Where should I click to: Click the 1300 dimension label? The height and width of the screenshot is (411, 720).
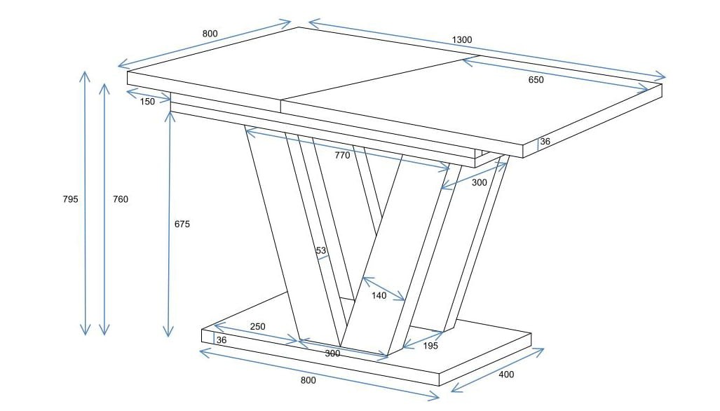pyautogui.click(x=461, y=40)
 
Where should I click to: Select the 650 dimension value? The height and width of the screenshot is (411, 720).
pyautogui.click(x=536, y=80)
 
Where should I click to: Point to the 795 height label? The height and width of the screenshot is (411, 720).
pyautogui.click(x=70, y=199)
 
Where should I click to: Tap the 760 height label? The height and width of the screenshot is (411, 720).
pyautogui.click(x=121, y=199)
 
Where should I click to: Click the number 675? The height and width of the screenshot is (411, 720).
pyautogui.click(x=182, y=224)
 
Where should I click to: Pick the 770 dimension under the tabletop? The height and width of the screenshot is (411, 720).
pyautogui.click(x=342, y=155)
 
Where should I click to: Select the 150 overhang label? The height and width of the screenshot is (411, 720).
pyautogui.click(x=147, y=102)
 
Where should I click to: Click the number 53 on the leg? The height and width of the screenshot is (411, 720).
pyautogui.click(x=320, y=250)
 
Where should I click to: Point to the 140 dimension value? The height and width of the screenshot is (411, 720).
pyautogui.click(x=379, y=296)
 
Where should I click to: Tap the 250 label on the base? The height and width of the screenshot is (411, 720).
pyautogui.click(x=257, y=327)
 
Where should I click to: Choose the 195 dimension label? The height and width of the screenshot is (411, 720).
pyautogui.click(x=430, y=346)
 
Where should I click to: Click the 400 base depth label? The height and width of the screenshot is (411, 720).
pyautogui.click(x=506, y=375)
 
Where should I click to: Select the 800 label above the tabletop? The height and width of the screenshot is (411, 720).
pyautogui.click(x=210, y=34)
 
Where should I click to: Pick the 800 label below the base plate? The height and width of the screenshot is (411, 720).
pyautogui.click(x=308, y=380)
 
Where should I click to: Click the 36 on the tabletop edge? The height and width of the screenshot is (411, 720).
pyautogui.click(x=545, y=142)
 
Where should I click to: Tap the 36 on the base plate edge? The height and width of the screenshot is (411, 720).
pyautogui.click(x=222, y=340)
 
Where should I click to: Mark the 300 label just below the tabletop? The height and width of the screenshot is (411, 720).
pyautogui.click(x=479, y=183)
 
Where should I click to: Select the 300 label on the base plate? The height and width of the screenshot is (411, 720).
pyautogui.click(x=332, y=353)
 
